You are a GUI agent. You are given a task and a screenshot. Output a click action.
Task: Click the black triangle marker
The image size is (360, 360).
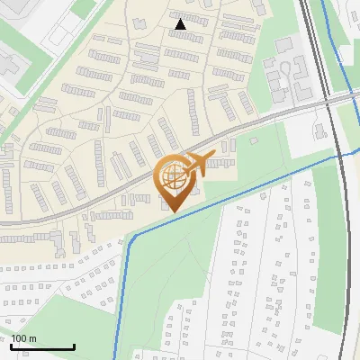click(x=181, y=24)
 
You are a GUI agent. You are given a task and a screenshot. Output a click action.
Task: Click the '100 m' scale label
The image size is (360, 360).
click(x=24, y=338)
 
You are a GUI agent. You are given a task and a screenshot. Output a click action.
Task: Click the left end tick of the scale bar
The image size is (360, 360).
click(x=12, y=345)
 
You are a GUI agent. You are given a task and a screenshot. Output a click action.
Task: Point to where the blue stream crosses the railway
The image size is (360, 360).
click(x=339, y=156)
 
